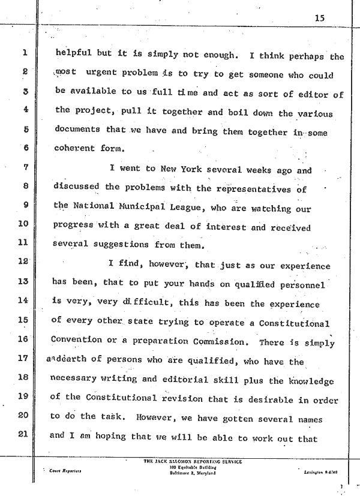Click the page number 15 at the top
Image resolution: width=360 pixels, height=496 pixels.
click(319, 18)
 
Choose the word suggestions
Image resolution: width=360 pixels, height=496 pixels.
click(121, 245)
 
